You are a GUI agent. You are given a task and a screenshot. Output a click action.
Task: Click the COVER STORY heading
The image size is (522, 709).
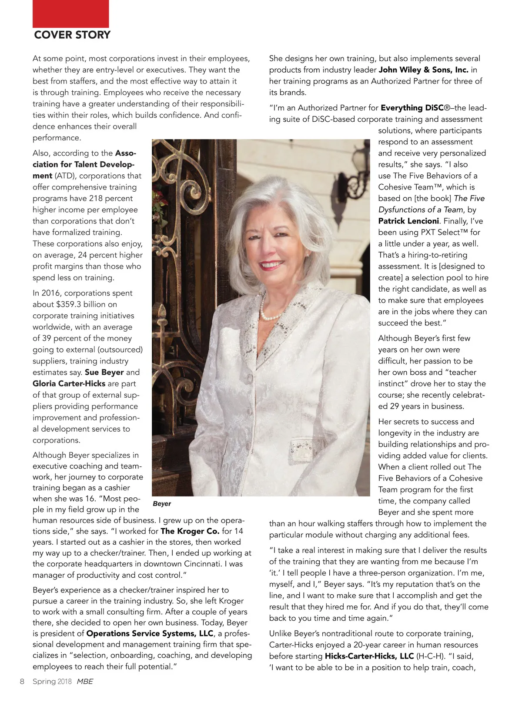tap(72, 35)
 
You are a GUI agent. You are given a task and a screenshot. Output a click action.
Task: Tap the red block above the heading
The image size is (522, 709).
tap(70, 13)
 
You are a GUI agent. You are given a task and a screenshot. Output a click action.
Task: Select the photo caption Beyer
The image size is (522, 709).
tap(162, 503)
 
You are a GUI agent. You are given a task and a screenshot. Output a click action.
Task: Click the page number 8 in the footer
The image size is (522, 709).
tap(22, 681)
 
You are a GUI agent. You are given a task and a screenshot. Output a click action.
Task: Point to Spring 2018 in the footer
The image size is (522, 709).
tap(52, 681)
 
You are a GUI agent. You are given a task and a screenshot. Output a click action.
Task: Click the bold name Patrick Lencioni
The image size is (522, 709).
tap(409, 221)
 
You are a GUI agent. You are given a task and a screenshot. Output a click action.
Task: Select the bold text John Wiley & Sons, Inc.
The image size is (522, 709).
tap(423, 70)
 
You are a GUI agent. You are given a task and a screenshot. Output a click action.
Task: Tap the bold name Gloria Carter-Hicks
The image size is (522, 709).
tap(69, 383)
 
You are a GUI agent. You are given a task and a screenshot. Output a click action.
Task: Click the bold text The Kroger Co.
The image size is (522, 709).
tap(190, 531)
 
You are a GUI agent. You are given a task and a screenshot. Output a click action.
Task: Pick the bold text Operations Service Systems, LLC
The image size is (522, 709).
tap(150, 633)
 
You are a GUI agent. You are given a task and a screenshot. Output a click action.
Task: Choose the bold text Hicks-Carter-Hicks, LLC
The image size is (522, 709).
tap(369, 656)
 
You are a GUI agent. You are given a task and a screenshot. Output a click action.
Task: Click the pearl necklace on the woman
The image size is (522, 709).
tap(267, 311)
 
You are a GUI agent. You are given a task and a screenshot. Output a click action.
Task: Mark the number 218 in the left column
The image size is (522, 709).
tap(96, 198)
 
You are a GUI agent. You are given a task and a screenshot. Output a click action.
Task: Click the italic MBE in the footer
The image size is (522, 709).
tap(85, 681)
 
